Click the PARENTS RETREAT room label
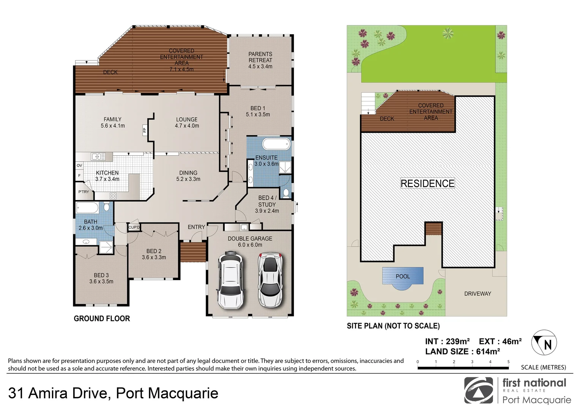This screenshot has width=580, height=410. (260, 60)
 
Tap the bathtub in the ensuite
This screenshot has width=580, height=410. (276, 145)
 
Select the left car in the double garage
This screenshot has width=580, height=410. (230, 279)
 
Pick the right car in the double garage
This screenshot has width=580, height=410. (270, 279)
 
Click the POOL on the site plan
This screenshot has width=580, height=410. (403, 276)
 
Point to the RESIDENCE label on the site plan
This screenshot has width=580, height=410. (427, 184)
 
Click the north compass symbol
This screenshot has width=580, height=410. (544, 343)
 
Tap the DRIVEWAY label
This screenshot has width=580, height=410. (478, 294)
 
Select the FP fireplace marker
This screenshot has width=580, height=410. (145, 130)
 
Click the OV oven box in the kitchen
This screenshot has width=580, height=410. (79, 166)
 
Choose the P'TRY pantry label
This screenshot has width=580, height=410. (84, 192)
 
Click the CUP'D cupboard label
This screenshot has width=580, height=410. (134, 227)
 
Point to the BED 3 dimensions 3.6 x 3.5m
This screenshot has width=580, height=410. (101, 282)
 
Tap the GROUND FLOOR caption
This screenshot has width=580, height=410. (102, 319)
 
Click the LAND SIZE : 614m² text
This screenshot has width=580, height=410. (462, 352)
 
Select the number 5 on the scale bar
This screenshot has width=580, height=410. (508, 362)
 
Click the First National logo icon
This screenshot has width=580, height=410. (479, 391)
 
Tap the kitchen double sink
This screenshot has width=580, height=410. (98, 156)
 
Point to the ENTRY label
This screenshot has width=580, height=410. (196, 227)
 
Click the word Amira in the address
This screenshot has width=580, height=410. (68, 393)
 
